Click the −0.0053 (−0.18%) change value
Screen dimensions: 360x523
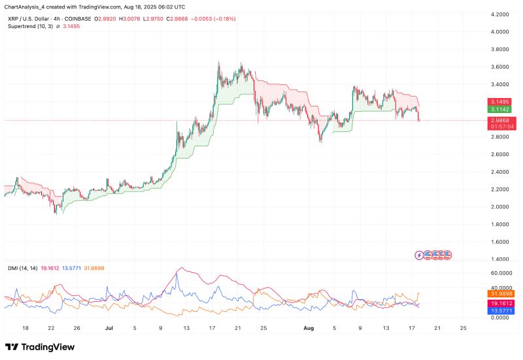pos(214,19)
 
